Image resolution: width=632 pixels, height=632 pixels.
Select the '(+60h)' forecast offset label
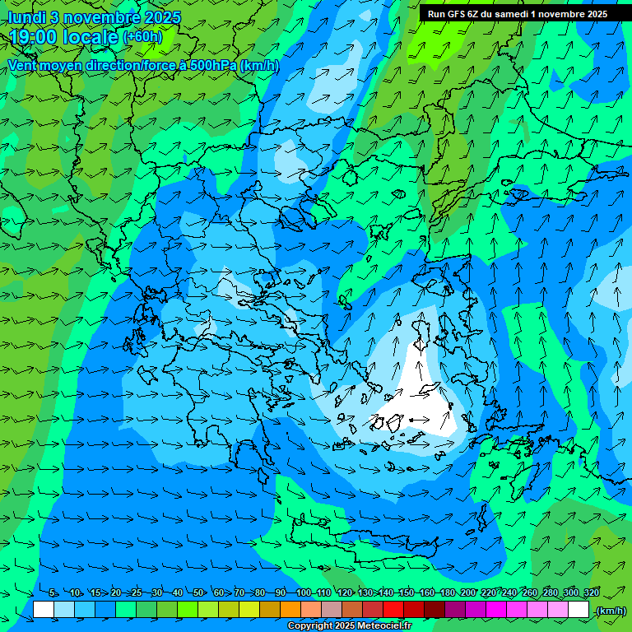[142, 37]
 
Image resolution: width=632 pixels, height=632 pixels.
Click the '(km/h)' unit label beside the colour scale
[610, 610]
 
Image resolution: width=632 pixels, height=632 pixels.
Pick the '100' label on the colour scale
[303, 593]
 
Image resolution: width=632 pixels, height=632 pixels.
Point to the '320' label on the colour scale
[591, 593]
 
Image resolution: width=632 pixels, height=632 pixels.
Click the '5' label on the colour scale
[53, 593]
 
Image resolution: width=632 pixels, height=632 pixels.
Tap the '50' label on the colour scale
[197, 593]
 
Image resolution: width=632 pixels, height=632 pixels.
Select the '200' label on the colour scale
[467, 593]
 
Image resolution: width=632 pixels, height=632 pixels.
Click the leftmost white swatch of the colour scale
[44, 610]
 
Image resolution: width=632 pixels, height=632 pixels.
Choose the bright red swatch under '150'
[393, 610]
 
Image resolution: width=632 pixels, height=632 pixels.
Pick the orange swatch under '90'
[290, 610]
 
